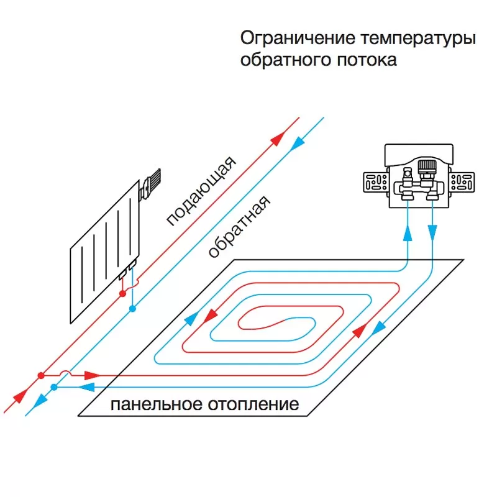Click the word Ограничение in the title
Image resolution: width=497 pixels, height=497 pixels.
point(298,39)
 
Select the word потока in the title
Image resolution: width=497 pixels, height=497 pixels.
point(367,60)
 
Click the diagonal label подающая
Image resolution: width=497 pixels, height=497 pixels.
point(201,191)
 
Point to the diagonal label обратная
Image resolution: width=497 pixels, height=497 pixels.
point(239,226)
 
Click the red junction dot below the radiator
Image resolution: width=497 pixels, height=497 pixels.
point(122,294)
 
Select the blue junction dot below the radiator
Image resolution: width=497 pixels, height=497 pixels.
point(133,308)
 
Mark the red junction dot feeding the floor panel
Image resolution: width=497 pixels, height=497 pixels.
point(41,376)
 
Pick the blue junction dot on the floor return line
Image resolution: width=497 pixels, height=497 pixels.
point(54,387)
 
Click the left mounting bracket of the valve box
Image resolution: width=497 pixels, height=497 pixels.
point(376,182)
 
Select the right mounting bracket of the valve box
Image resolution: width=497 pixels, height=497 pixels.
point(462,182)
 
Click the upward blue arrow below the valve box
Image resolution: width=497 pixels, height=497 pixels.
point(408,234)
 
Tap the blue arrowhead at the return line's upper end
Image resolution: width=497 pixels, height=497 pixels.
point(297,144)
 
